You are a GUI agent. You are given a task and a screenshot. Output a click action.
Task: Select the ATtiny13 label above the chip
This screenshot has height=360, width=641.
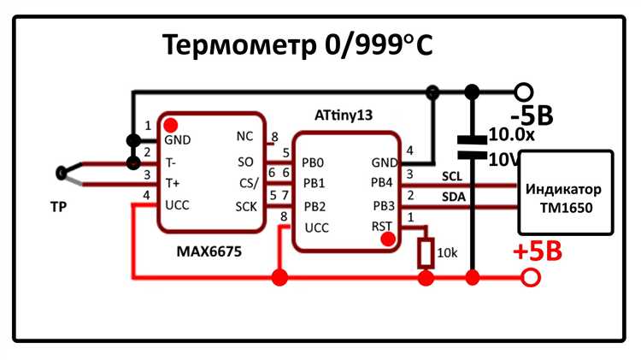point(344,115)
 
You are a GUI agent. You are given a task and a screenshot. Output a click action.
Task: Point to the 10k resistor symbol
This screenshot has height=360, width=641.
point(425,253)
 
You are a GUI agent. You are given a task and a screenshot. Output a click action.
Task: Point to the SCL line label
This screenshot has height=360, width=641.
point(452,176)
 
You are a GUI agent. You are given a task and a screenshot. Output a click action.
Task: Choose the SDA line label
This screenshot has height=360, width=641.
point(453,198)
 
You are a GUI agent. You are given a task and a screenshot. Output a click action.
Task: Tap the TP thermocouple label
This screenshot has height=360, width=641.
point(58,207)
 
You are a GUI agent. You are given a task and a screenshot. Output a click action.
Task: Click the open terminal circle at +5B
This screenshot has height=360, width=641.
point(532,277)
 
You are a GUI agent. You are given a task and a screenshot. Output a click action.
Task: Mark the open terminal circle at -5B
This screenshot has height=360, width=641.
point(524,91)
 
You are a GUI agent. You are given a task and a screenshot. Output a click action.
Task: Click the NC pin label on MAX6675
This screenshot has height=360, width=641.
point(244,137)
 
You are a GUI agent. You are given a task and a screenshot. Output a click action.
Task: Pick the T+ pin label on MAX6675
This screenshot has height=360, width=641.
point(173,182)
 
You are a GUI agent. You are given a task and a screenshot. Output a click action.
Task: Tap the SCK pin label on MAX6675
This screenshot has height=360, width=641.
point(246,205)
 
